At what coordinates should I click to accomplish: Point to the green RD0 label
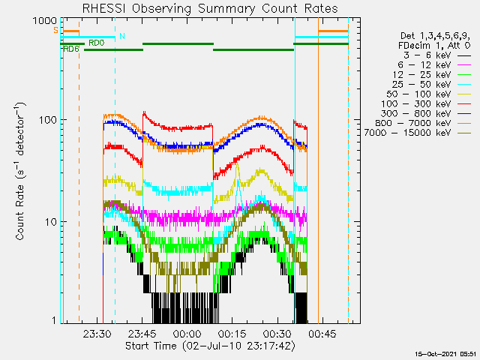pyautogui.click(x=96, y=43)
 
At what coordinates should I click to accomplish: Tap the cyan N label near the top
pyautogui.click(x=121, y=36)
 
